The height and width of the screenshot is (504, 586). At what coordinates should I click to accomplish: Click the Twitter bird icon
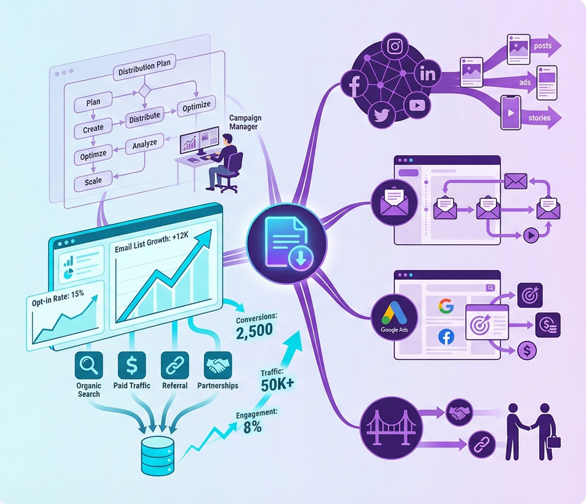(382, 115)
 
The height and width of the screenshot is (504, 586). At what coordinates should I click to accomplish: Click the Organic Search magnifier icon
(88, 366)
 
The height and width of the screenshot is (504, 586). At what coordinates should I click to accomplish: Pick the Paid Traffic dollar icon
(132, 366)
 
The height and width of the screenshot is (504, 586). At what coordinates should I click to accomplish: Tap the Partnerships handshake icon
(217, 366)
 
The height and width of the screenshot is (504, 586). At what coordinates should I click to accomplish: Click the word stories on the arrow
(539, 118)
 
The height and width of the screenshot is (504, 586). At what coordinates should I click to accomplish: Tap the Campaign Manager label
(245, 122)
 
